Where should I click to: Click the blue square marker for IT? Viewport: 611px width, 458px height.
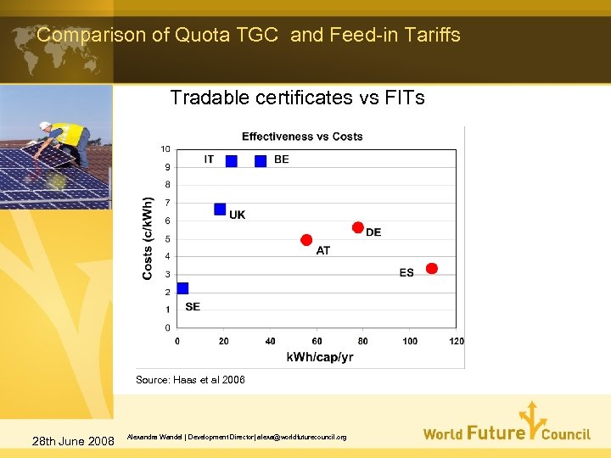coord(231,160)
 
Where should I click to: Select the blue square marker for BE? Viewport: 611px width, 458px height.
coord(261,160)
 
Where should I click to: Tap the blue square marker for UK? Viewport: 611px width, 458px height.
coord(220,209)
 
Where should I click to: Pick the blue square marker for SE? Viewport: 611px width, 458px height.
coord(182,288)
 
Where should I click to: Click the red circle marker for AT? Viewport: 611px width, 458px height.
coord(306,240)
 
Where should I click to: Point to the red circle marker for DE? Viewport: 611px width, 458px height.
coord(357,227)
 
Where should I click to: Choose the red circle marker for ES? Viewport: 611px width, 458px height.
coord(431,268)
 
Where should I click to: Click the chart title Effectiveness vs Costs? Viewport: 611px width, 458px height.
coord(302,137)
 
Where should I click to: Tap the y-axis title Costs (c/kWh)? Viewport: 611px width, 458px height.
coord(148,238)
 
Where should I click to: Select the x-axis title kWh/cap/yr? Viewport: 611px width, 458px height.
coord(320,357)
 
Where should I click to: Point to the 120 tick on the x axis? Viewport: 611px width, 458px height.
coord(457,341)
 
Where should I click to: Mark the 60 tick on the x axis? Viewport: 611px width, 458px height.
coord(317,341)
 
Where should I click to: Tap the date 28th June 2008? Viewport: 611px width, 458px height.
coord(72,440)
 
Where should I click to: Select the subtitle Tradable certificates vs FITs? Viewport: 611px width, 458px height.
coord(297,98)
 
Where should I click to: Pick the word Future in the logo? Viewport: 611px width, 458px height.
coord(496,433)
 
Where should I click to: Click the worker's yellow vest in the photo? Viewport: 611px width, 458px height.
coord(69,135)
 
